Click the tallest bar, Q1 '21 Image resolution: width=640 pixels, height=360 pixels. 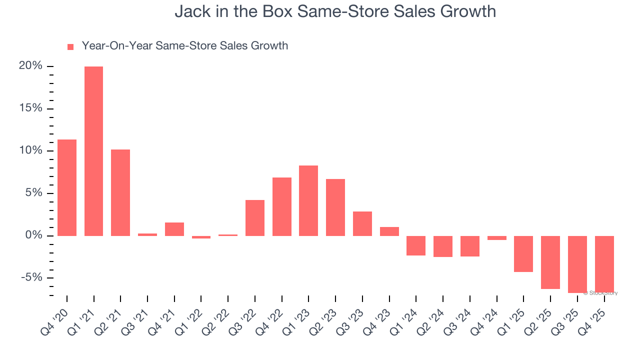click(93, 151)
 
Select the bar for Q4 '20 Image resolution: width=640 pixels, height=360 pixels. click(67, 187)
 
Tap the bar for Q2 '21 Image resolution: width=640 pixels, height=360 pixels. click(120, 192)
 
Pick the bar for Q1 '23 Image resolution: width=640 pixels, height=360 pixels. click(308, 200)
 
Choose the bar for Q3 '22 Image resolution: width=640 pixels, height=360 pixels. click(255, 217)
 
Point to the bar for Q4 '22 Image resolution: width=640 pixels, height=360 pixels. click(281, 206)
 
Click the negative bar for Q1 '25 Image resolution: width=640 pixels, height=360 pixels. click(523, 254)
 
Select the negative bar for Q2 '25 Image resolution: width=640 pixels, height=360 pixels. click(550, 262)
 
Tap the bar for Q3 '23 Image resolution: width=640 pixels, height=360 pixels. click(362, 223)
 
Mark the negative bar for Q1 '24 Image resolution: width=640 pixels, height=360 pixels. click(416, 245)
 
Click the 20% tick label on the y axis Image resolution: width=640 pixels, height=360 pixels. click(30, 66)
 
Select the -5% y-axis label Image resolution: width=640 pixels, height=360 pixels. click(31, 278)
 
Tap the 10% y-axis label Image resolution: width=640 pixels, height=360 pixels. click(30, 151)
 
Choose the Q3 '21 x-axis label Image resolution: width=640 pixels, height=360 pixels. click(141, 320)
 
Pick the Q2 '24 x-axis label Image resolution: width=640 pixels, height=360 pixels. click(436, 320)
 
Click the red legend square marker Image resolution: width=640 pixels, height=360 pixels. click(70, 46)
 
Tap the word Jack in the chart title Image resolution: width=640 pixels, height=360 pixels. click(189, 11)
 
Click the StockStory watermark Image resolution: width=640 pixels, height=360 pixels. click(600, 293)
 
